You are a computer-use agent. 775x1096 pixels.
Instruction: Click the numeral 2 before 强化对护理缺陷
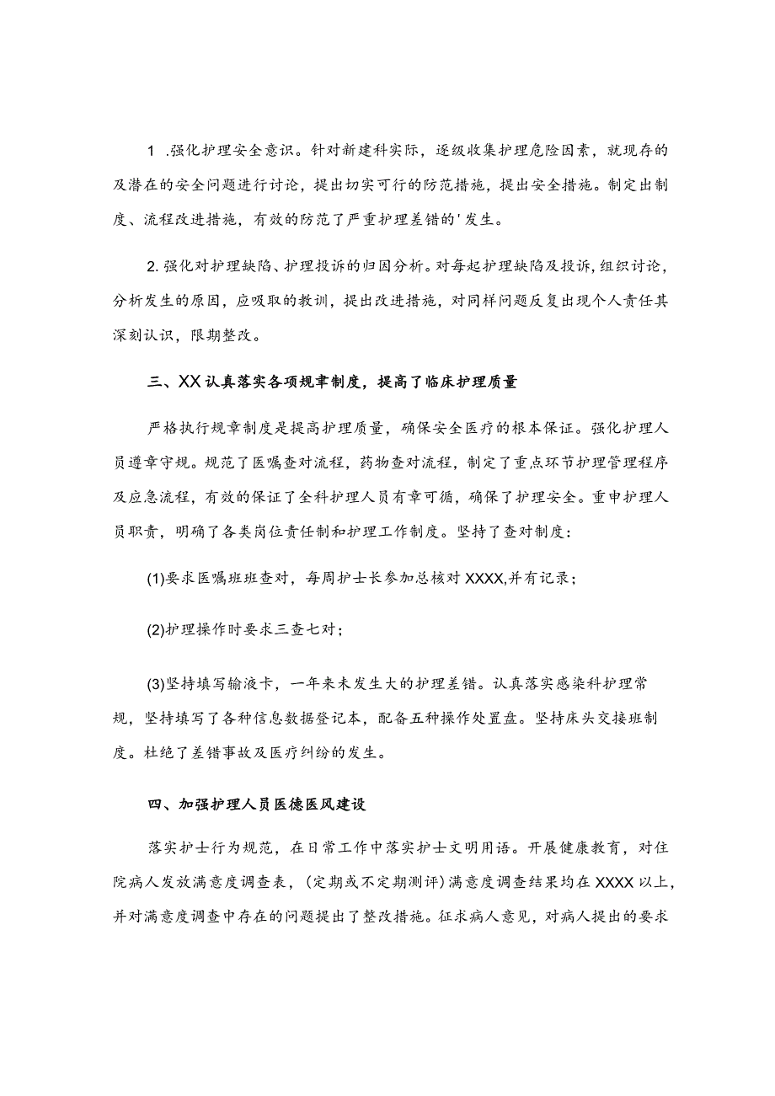coord(152,268)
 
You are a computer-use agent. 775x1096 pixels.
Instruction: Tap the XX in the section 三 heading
coord(189,382)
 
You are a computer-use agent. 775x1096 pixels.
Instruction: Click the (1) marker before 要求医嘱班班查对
coord(154,579)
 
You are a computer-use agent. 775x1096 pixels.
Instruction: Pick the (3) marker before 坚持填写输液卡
coord(154,680)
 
